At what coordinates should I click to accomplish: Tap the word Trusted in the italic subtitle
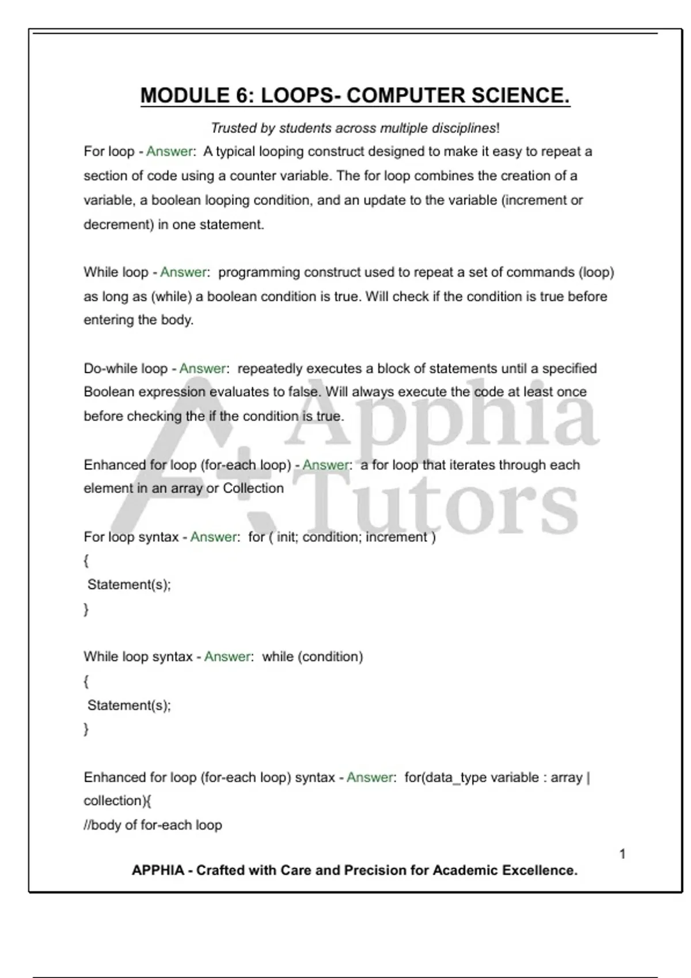click(234, 128)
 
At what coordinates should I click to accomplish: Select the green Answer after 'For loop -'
click(169, 152)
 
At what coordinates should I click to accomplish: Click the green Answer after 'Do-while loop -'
click(203, 368)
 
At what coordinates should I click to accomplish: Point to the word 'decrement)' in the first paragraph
click(119, 225)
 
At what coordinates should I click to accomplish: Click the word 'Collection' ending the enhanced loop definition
click(253, 488)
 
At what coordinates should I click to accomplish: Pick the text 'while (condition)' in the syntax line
click(313, 657)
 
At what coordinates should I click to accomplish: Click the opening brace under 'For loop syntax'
click(86, 560)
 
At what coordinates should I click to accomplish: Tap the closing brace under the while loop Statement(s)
click(86, 729)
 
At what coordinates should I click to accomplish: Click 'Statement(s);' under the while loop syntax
click(129, 705)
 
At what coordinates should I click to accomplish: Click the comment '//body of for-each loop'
click(153, 826)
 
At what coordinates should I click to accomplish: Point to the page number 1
click(622, 854)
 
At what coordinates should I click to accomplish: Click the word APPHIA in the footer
click(158, 870)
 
